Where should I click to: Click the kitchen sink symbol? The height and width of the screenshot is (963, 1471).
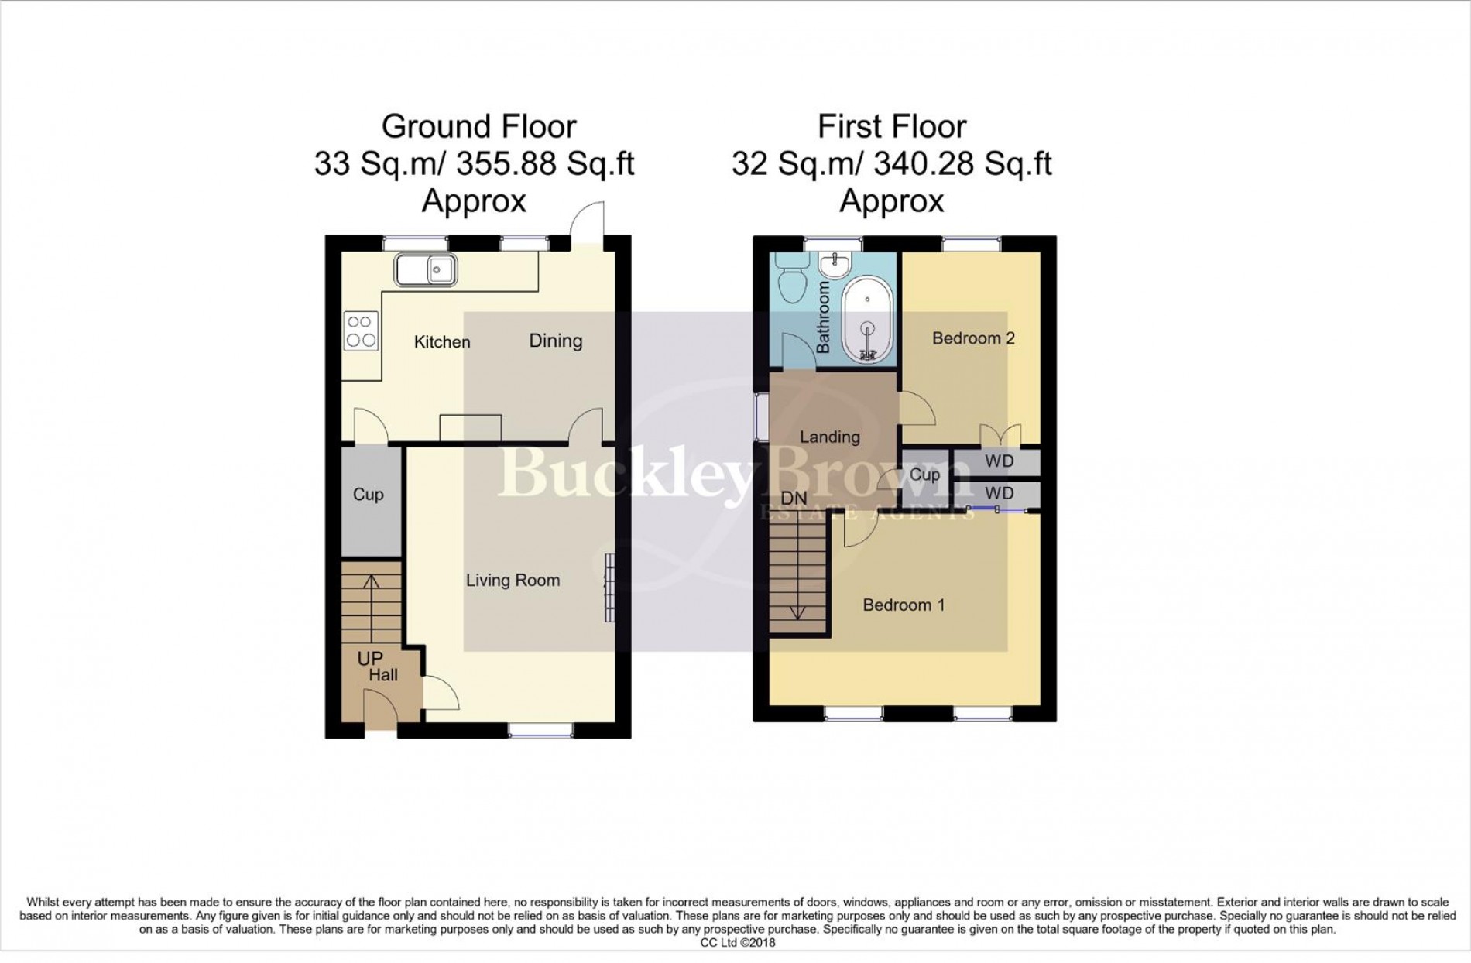(x=425, y=270)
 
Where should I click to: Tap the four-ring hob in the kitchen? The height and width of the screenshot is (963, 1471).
(x=361, y=331)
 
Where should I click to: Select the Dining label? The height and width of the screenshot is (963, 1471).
(x=555, y=341)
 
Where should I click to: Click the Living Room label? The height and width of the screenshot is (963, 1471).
(x=513, y=581)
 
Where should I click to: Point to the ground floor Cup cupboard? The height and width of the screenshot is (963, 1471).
(x=369, y=495)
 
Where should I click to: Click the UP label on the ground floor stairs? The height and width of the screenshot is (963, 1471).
(x=370, y=659)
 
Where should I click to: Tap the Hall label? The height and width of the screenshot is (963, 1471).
(x=383, y=675)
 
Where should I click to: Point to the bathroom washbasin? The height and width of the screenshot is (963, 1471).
(x=834, y=265)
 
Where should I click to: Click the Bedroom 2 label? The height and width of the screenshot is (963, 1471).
(x=973, y=338)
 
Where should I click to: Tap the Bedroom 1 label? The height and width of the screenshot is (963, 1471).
(x=904, y=605)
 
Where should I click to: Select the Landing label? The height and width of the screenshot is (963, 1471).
(x=829, y=437)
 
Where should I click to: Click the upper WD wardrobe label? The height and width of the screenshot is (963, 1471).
(x=999, y=461)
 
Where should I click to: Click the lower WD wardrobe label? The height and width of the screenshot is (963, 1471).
(x=999, y=493)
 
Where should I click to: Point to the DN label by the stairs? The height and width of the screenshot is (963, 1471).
(x=794, y=499)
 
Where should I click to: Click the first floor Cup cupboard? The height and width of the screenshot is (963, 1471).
(x=924, y=475)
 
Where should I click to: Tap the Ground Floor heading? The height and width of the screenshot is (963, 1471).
(x=478, y=126)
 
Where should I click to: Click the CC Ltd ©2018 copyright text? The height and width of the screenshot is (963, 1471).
(x=737, y=943)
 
